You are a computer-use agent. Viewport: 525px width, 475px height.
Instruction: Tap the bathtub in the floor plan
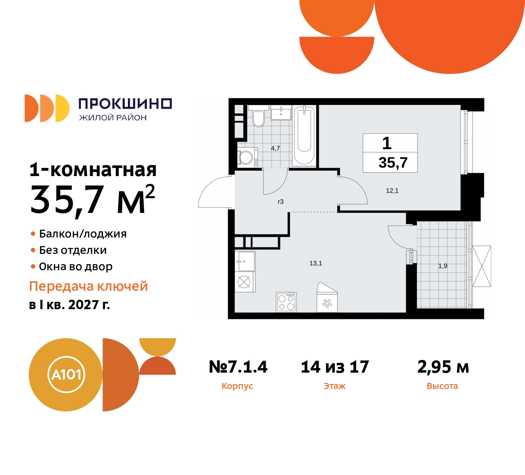(304, 135)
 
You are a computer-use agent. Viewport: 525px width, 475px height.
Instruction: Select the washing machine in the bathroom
(247, 157)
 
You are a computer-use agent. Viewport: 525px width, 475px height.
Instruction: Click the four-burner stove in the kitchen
(286, 302)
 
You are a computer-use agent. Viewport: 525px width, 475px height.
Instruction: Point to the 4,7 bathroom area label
(275, 148)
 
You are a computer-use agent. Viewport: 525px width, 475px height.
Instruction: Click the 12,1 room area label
(392, 191)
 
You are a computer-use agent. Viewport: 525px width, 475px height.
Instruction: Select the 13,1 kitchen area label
(316, 263)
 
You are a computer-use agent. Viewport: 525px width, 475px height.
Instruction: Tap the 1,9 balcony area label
(443, 266)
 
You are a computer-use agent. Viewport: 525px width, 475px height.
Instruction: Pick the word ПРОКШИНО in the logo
(125, 104)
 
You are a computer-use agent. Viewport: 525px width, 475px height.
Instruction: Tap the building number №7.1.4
(238, 367)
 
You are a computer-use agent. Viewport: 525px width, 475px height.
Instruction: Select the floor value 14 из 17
(335, 367)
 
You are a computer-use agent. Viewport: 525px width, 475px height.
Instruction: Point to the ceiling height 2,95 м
(443, 367)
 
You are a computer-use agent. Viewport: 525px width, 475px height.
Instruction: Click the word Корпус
(237, 386)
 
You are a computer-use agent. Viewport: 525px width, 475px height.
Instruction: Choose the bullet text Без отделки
(73, 250)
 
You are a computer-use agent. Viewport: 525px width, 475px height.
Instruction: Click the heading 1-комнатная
(93, 170)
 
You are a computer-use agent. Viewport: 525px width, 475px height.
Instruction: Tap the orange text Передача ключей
(88, 286)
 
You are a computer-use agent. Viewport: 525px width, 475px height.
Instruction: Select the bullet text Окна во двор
(75, 267)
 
